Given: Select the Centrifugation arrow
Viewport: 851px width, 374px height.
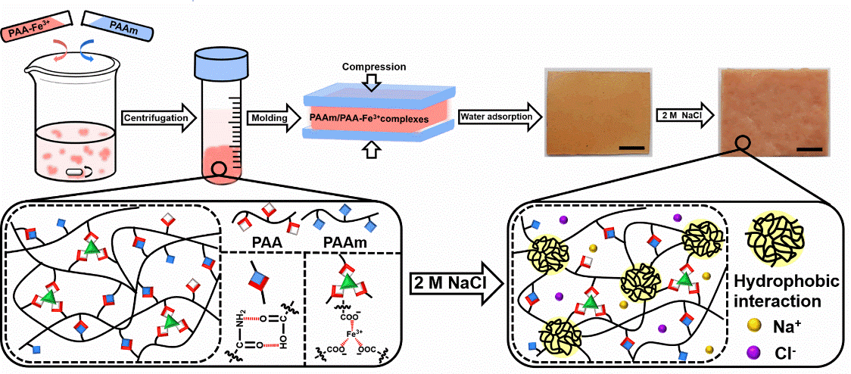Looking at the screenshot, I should [x=157, y=117].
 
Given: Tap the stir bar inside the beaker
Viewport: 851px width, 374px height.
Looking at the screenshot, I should [x=78, y=172].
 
